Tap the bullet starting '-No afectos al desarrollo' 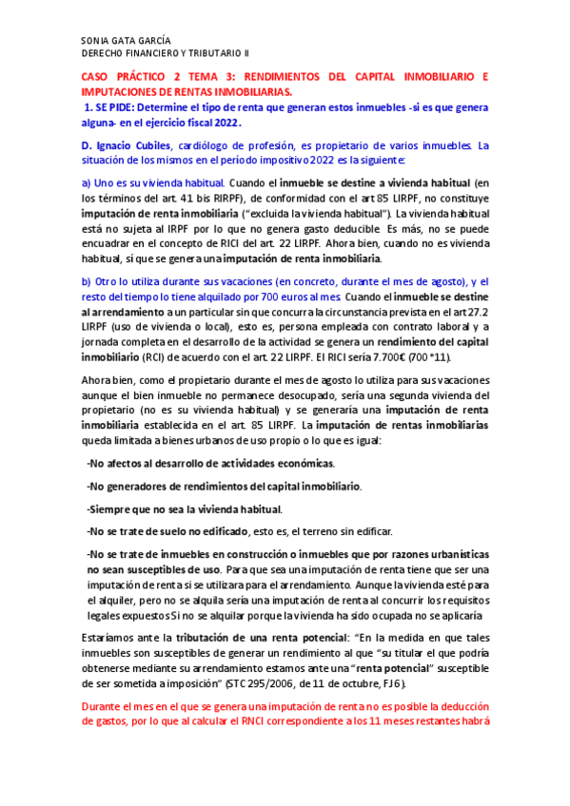(210, 463)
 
